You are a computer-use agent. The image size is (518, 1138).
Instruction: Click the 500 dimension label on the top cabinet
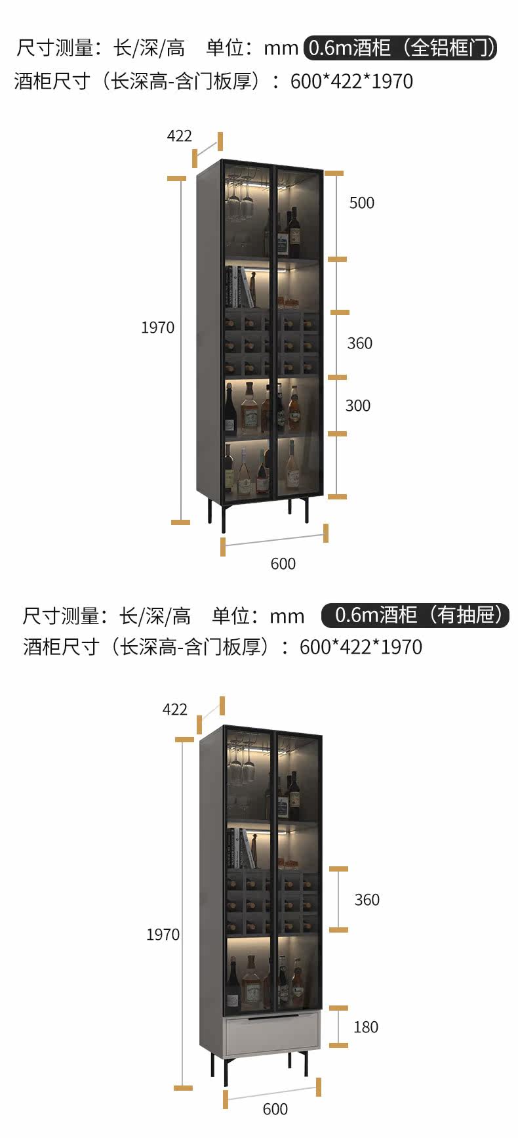[361, 203]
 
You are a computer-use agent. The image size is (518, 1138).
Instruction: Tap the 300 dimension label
[358, 406]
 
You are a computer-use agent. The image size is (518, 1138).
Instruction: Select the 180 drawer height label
[366, 1027]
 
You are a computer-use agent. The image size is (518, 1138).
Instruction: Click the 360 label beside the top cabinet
[359, 343]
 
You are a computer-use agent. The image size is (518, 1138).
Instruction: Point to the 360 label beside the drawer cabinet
[367, 900]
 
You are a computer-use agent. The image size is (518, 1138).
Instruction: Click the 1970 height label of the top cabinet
[157, 327]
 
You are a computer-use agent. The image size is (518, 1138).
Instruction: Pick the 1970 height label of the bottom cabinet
[163, 935]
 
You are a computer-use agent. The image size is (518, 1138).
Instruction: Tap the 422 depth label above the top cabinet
[179, 136]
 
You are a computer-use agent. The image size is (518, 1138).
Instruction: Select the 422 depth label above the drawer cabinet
[174, 709]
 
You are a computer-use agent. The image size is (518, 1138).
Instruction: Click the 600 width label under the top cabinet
[283, 564]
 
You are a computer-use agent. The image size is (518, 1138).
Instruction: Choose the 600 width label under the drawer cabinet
[275, 1109]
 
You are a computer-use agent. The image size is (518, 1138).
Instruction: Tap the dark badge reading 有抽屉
[415, 615]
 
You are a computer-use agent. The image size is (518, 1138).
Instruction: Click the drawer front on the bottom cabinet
[272, 1035]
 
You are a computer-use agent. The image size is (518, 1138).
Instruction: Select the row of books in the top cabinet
[240, 287]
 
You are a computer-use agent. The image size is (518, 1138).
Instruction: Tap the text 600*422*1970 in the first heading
[351, 81]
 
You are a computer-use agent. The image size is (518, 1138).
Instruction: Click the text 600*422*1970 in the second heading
[361, 647]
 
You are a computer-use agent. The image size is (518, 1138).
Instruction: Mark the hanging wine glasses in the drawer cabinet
[241, 765]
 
